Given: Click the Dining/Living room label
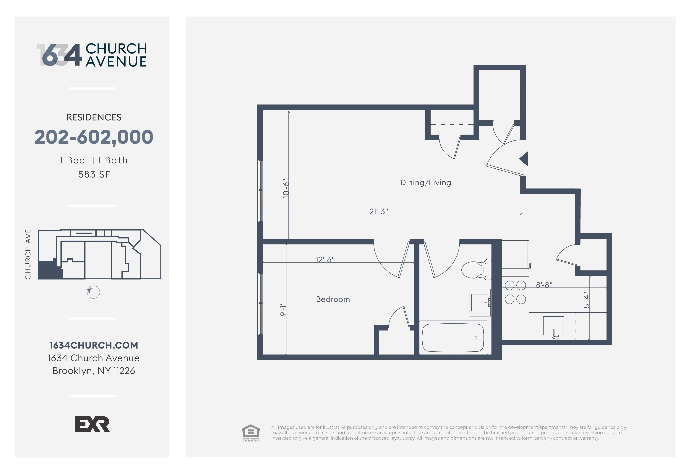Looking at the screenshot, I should point(426,182).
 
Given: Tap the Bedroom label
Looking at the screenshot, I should point(333,299).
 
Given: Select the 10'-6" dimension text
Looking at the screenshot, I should point(286,189).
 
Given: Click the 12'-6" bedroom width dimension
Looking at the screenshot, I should point(325,259).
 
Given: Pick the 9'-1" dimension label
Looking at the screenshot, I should point(283,309).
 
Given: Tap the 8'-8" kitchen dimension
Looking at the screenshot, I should point(544,285).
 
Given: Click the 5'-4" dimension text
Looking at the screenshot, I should point(586,300).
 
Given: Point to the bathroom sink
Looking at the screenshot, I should point(480,302).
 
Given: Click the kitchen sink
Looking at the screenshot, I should point(553,326).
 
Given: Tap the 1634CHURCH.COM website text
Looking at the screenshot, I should point(94,345).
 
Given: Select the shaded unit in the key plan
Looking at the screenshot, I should point(48,270).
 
